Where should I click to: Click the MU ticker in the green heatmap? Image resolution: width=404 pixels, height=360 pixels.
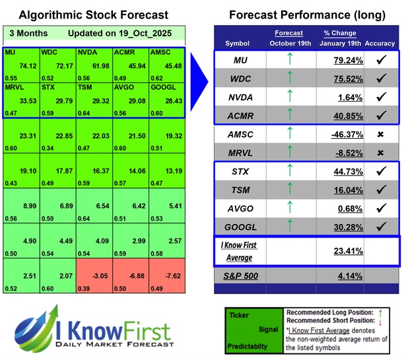point(9,51)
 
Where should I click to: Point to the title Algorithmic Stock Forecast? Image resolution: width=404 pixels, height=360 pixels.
point(93,15)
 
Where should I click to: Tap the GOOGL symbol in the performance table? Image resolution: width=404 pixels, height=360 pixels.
point(242,226)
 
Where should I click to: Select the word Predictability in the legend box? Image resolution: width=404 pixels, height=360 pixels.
point(247,345)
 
